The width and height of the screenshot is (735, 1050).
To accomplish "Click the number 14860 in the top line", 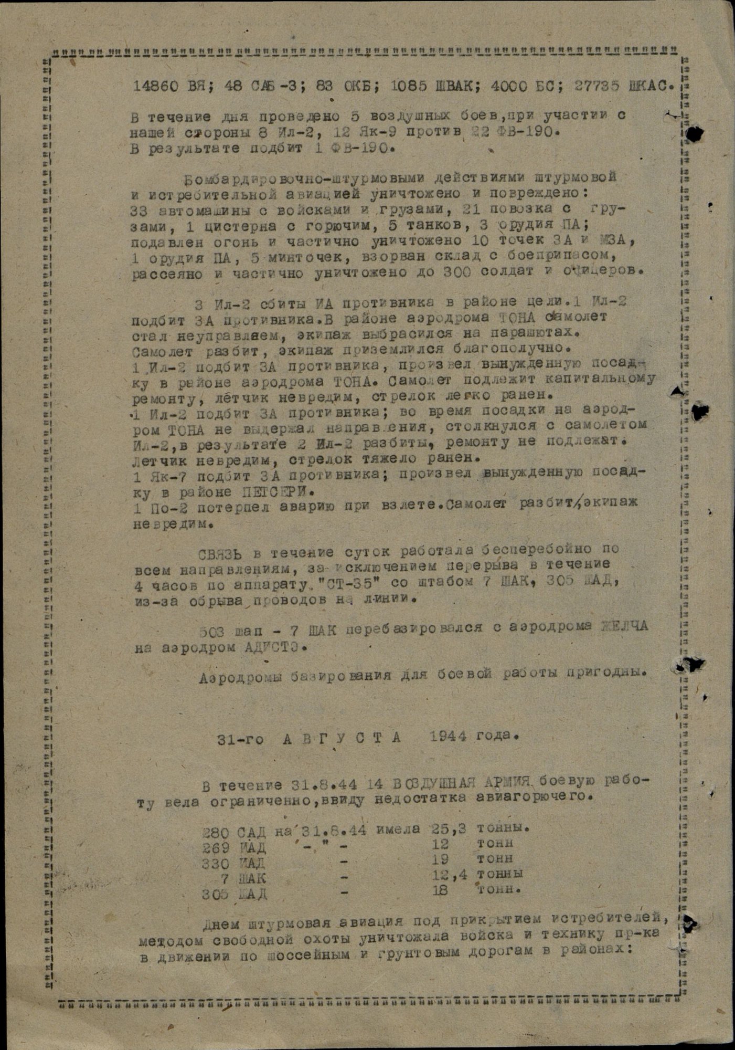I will tap(153, 87).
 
